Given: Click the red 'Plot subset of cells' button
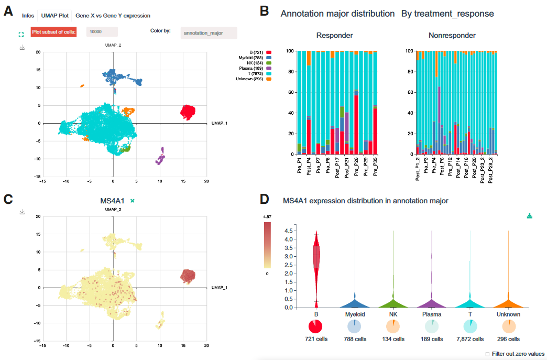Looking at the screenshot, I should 53,32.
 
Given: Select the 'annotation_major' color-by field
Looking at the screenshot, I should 209,33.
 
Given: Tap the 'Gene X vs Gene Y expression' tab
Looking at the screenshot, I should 113,16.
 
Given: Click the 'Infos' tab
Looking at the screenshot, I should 28,16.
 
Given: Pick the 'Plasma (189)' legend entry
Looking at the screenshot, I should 255,68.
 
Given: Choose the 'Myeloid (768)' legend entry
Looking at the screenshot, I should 255,58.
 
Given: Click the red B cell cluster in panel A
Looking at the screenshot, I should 188,111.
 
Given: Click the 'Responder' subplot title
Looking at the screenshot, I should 334,36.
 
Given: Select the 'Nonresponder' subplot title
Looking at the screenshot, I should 452,36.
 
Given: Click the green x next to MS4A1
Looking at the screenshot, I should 133,201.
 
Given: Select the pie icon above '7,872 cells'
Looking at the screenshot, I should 470,326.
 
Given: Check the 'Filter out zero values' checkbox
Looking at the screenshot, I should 487,354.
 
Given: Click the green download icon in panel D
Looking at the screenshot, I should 530,216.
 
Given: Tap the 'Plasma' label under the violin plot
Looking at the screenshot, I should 432,314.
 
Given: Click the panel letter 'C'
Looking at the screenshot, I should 8,199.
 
